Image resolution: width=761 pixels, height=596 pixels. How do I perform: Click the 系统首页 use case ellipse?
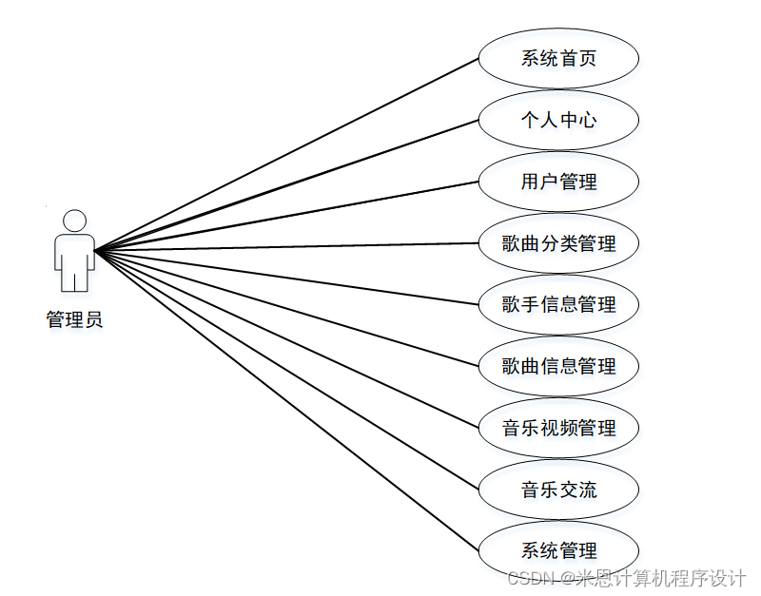pos(558,59)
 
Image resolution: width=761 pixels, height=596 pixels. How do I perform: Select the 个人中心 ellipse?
pos(558,121)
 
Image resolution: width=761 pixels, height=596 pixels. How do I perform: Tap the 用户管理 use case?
pos(558,182)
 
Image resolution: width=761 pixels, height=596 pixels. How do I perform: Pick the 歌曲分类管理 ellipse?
pos(558,243)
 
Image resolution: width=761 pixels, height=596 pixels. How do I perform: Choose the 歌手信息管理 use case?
pos(558,304)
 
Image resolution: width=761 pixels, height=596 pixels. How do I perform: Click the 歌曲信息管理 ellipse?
pos(558,366)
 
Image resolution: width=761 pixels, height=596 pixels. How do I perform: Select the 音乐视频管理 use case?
pos(558,428)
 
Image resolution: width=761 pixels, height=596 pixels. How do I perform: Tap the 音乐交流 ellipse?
pos(558,490)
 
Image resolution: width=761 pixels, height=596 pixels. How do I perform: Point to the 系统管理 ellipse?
pos(558,550)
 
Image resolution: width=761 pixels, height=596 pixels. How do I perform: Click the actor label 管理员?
pos(74,319)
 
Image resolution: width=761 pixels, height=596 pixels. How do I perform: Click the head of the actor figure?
pos(74,221)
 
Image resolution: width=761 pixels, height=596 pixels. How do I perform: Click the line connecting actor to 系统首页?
pos(285,154)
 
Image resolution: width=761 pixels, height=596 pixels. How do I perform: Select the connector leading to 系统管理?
pos(285,400)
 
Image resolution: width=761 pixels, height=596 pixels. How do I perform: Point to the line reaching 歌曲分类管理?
pos(285,247)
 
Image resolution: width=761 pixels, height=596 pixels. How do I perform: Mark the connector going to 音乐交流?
pos(285,370)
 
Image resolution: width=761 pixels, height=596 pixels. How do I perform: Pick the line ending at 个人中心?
pos(285,185)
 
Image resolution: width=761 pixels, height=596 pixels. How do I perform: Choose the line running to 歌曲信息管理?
pos(285,308)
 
